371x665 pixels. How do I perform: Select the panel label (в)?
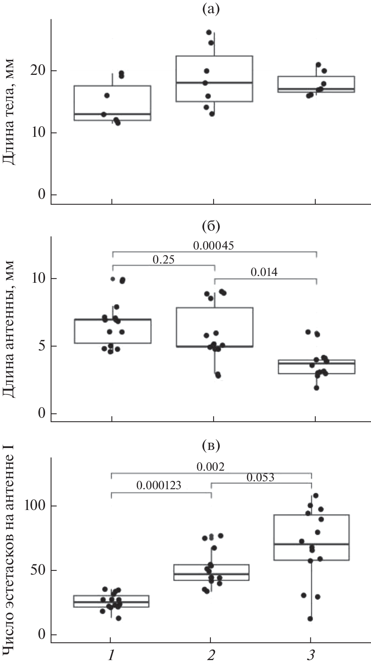(x=211, y=446)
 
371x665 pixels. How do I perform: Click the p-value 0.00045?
(x=214, y=246)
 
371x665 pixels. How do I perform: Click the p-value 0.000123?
(x=159, y=485)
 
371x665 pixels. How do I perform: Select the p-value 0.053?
(x=260, y=477)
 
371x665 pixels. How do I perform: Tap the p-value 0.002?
(x=210, y=467)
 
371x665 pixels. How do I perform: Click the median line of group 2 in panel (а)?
(x=214, y=82)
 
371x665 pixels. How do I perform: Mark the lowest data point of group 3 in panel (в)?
(x=310, y=619)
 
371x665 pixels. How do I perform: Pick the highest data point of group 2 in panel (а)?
(x=209, y=33)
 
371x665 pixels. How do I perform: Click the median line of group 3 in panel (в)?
(x=311, y=544)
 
